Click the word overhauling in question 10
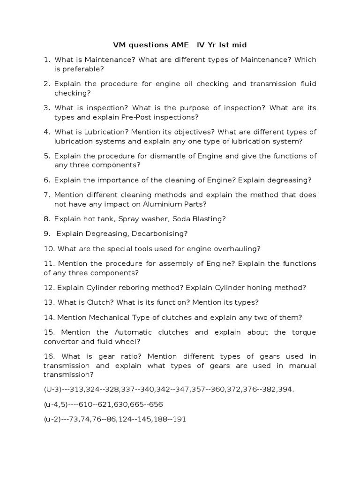pos(238,248)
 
